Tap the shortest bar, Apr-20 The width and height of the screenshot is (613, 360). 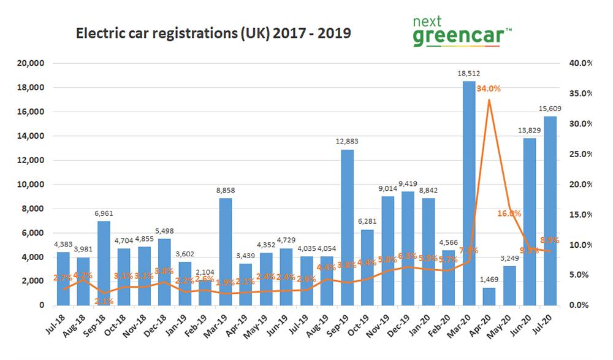pos(489,296)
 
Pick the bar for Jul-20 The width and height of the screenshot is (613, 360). pos(549,211)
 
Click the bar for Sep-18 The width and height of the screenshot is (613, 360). pos(104,263)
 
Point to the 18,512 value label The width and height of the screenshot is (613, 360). pos(468,74)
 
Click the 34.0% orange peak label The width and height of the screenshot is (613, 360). pos(488,88)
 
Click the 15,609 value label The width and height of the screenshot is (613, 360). pos(550,109)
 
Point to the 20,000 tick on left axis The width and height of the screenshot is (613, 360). pos(30,64)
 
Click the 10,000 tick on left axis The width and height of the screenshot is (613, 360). pos(30,185)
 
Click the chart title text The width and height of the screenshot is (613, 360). pos(213,33)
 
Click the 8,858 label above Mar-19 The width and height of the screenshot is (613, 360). pos(225,191)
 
